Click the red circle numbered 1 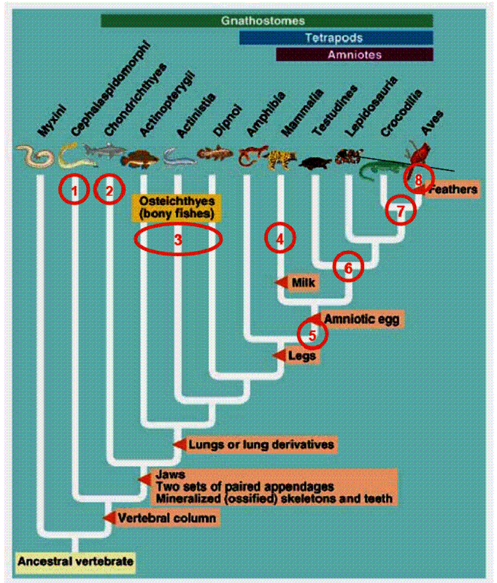[74, 190]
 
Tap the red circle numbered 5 [312, 335]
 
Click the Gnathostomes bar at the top [266, 20]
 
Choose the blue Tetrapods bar [336, 38]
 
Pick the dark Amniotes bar [355, 55]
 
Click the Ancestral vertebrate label [76, 561]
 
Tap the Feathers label [453, 189]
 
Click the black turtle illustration [315, 161]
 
